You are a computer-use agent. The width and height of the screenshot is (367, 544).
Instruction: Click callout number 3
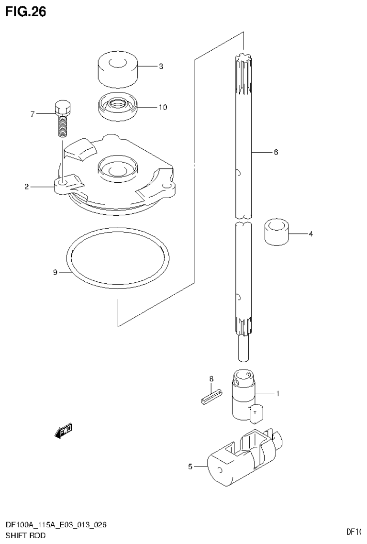pos(161,67)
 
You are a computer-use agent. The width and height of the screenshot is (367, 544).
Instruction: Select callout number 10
pos(163,107)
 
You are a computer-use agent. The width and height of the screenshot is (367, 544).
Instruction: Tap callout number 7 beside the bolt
pos(33,114)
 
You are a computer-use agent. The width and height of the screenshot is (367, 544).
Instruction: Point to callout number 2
pos(27,187)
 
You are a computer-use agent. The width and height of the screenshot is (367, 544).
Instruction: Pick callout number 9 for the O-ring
pos(55,272)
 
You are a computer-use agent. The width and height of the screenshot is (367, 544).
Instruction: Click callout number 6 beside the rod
pos(276,152)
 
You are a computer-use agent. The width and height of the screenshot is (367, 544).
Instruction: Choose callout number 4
pos(311,234)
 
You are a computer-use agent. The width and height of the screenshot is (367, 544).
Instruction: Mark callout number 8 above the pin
pos(211,379)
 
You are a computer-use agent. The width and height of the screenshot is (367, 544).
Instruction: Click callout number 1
pos(278,394)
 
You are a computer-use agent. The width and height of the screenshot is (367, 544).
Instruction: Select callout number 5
pos(190,466)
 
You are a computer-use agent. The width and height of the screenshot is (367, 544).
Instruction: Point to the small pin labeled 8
pos(211,397)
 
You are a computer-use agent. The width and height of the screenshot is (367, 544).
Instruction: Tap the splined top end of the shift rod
pos(244,72)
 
